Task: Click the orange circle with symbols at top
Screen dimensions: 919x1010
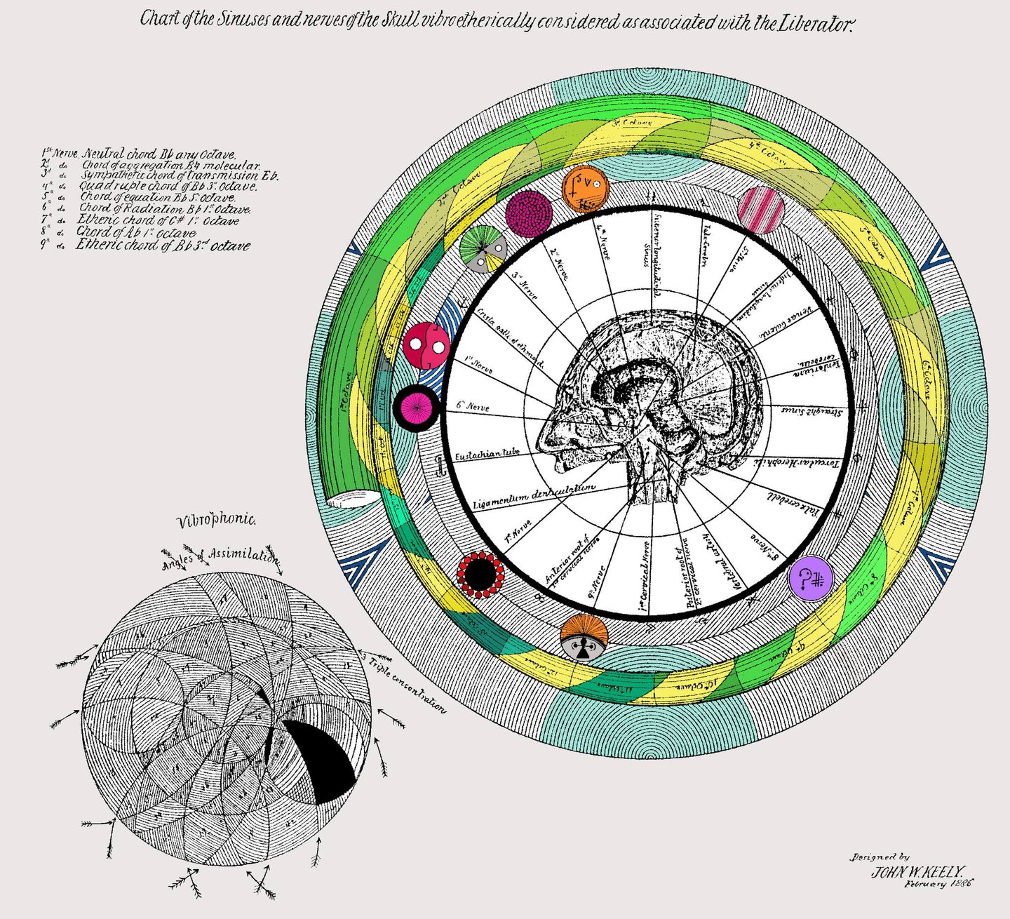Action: [585, 189]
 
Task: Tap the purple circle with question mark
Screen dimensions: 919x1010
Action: [811, 578]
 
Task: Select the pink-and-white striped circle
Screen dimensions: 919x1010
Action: [761, 209]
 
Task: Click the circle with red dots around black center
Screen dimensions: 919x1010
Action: [480, 575]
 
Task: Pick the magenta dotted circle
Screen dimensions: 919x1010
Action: [529, 213]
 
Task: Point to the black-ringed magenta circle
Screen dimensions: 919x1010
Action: [416, 408]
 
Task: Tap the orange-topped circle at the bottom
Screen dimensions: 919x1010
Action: [584, 637]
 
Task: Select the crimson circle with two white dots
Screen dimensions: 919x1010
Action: [426, 345]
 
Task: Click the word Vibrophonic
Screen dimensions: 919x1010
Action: [217, 521]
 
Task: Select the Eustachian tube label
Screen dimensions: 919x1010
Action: [487, 455]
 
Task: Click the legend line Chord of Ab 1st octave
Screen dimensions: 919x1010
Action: [136, 232]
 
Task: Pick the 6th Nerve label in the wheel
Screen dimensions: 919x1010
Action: [472, 406]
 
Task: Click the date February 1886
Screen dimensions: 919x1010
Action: [938, 885]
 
